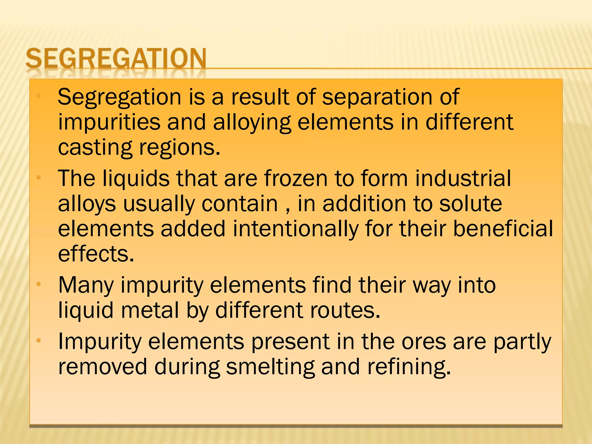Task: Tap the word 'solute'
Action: coord(471,203)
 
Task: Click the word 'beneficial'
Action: coord(503,229)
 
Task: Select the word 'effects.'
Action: coord(96,254)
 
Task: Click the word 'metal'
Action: coord(150,310)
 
